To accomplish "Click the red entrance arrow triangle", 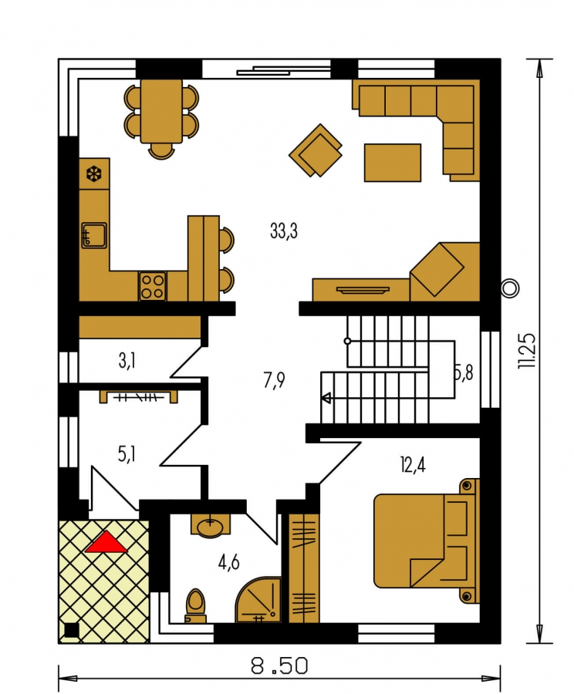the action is (106, 543).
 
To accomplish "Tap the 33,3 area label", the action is (284, 231).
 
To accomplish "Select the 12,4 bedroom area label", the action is (413, 466).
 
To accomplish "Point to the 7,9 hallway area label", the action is (274, 381).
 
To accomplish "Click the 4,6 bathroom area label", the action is (228, 563).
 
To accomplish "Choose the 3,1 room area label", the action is (127, 361).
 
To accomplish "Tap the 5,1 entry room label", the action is (127, 454).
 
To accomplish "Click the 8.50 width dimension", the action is (279, 665).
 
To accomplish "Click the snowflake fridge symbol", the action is (94, 174).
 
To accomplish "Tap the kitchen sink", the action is (94, 235).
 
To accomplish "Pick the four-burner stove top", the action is (153, 286).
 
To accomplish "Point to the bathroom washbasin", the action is (211, 526).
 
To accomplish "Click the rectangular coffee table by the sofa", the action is (393, 163).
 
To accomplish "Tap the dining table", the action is (161, 111).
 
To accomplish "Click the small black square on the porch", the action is (72, 630).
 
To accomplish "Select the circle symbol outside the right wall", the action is (510, 288).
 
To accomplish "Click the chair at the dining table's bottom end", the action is (162, 151).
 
